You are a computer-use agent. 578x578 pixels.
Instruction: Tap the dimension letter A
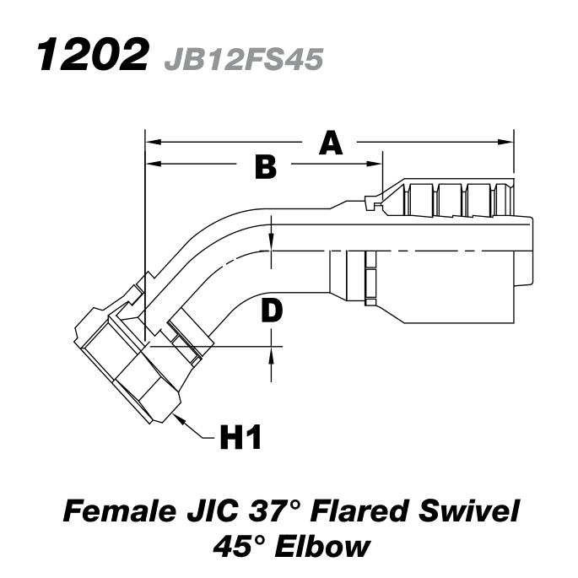coord(331,143)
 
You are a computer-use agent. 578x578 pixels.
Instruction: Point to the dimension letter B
coord(266,168)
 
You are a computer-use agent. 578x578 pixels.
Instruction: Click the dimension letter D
coord(271,312)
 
